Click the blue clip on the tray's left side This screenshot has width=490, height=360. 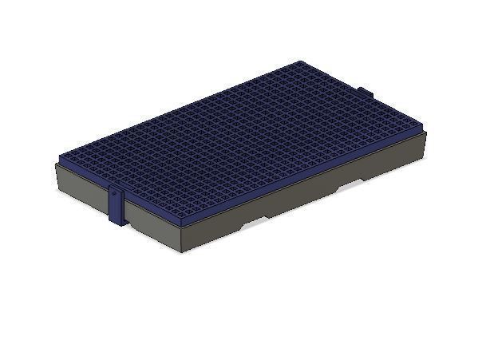117,206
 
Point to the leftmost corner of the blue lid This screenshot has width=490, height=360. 61,157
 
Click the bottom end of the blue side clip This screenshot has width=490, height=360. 117,223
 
